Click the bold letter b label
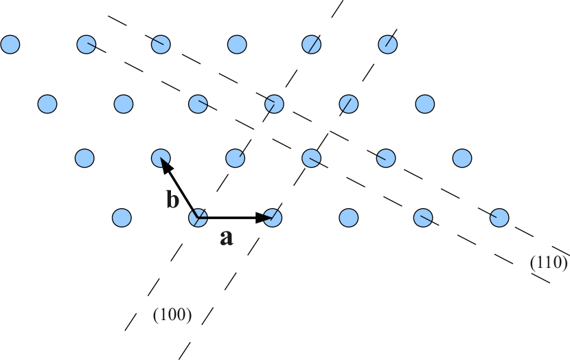(172, 200)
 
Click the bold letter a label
(226, 238)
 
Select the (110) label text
(548, 262)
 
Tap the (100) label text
(172, 315)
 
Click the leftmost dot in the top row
(10, 45)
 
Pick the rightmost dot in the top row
(388, 45)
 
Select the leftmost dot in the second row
(47, 104)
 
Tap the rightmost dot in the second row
(425, 104)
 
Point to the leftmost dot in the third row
(84, 159)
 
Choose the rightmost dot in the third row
(462, 159)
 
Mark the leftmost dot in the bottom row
(122, 218)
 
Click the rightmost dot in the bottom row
(499, 218)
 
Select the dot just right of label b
(198, 218)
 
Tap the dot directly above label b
(161, 159)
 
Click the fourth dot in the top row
(237, 45)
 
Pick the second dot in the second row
(124, 104)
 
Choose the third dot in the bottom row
(273, 218)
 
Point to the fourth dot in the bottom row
(349, 218)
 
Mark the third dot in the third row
(236, 159)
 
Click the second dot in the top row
(86, 45)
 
